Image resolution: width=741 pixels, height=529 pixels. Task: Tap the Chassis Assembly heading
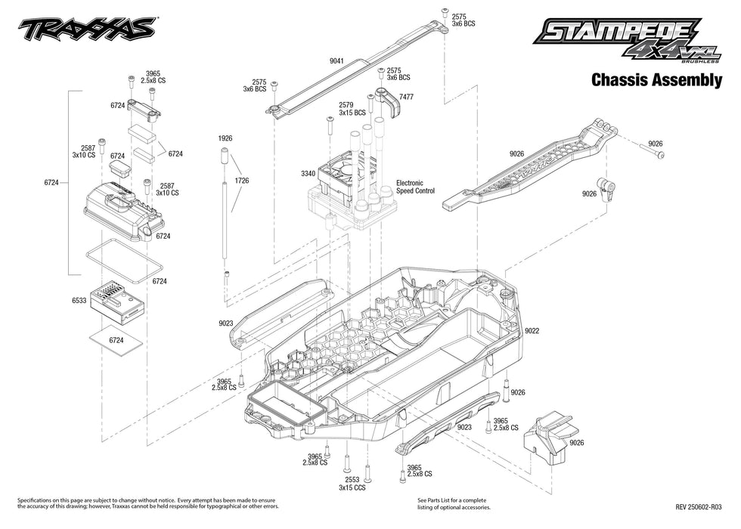click(656, 80)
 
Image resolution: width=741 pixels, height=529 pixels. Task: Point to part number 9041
click(338, 60)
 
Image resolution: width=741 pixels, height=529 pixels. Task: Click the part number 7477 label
click(406, 97)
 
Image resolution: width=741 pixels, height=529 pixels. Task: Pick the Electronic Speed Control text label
click(415, 187)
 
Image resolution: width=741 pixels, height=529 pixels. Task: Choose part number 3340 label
click(308, 174)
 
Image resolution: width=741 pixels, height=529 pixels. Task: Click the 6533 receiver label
click(79, 301)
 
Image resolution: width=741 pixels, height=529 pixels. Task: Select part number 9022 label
click(532, 330)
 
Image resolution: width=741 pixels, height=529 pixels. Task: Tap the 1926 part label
click(225, 139)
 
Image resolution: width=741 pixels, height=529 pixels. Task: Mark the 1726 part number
click(242, 181)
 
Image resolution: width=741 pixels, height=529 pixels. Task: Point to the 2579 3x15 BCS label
click(352, 109)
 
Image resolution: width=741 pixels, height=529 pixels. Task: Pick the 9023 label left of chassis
click(225, 323)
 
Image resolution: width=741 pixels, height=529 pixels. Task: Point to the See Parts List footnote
click(452, 504)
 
